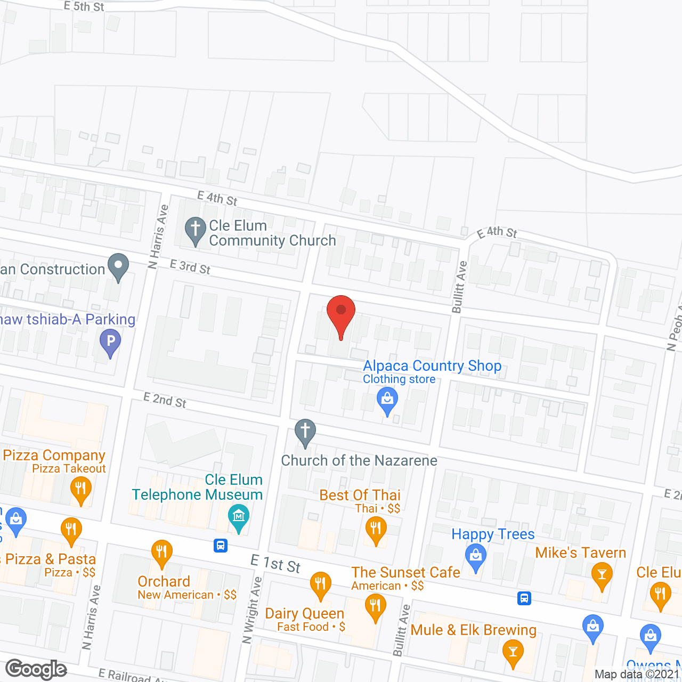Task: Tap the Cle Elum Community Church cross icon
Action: [x=196, y=230]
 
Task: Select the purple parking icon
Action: [x=110, y=341]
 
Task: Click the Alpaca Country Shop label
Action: [x=432, y=366]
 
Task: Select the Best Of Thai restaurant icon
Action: [x=376, y=529]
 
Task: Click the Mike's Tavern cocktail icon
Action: [x=602, y=575]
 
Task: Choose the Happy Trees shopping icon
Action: [x=475, y=557]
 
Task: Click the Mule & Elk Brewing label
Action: [x=473, y=630]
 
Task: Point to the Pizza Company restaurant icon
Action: [x=80, y=489]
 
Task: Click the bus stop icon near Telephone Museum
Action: [x=221, y=546]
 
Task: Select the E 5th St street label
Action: [x=84, y=6]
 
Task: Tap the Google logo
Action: [x=36, y=669]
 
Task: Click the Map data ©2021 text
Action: [x=637, y=675]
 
